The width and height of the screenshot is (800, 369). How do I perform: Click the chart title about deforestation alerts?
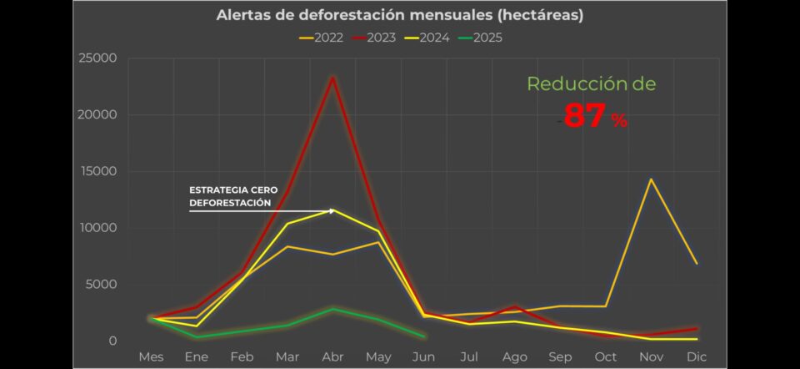coord(399,16)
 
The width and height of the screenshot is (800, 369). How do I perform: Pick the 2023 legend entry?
coord(374,38)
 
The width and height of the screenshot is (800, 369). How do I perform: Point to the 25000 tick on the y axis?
coord(98,58)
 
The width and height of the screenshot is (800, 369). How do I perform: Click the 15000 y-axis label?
coord(98,172)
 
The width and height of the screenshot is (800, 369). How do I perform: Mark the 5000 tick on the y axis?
coord(102,285)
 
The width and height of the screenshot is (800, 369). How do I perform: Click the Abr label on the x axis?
coord(333,357)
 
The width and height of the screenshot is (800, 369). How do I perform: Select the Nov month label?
coord(651,357)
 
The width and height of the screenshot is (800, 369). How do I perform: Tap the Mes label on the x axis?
coord(151,357)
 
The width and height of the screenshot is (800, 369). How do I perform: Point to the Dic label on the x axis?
coord(697,357)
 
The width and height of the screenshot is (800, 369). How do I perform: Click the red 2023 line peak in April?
coord(333,78)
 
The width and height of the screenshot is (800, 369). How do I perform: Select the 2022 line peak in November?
coord(651,179)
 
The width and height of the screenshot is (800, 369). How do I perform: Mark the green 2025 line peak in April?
coord(333,309)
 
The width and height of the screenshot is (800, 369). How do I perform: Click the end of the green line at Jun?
coord(424,336)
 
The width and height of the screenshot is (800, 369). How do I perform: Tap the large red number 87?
coord(585,116)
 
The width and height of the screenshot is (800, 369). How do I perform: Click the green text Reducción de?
coord(591,84)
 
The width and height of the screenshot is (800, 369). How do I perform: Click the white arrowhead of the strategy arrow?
coord(332,210)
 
